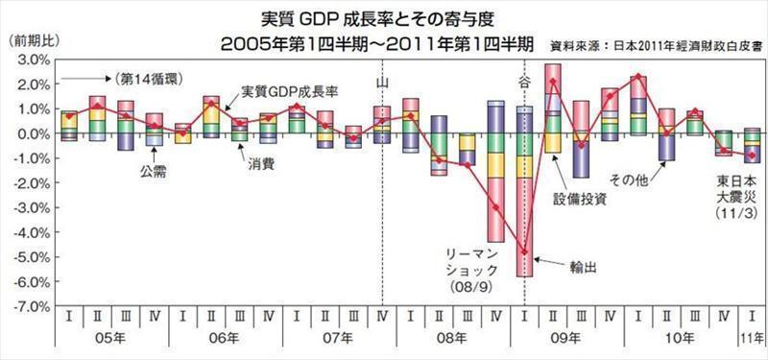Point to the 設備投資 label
[581, 201]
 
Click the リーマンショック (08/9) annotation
[469, 268]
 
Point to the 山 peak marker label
[382, 84]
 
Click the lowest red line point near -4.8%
[524, 252]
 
